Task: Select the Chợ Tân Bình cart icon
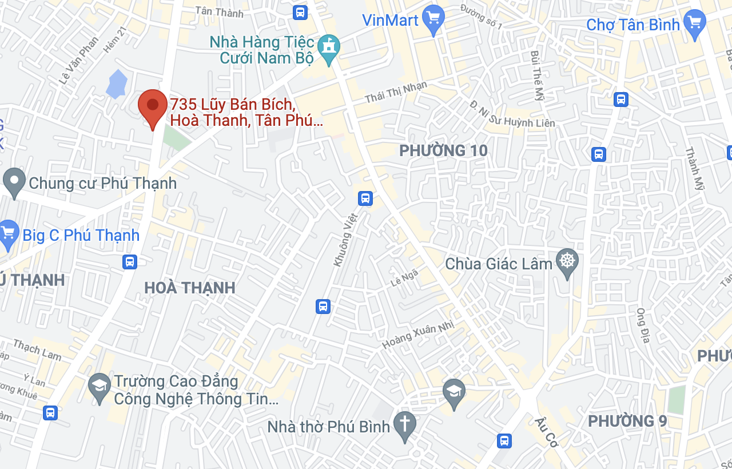694,23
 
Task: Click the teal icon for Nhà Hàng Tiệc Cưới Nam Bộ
329,48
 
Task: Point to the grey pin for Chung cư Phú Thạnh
14,181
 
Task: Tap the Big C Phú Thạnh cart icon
8,233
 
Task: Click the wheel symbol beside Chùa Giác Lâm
567,262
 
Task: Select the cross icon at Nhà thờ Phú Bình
405,424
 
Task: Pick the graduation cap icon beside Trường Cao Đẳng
100,388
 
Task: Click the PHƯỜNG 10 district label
443,150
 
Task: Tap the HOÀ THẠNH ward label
190,288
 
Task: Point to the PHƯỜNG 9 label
627,421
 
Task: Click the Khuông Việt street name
345,239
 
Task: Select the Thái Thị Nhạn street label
396,93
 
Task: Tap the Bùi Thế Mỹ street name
536,75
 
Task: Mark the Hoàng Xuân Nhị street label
417,335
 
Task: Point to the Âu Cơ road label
546,432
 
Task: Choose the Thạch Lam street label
37,349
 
